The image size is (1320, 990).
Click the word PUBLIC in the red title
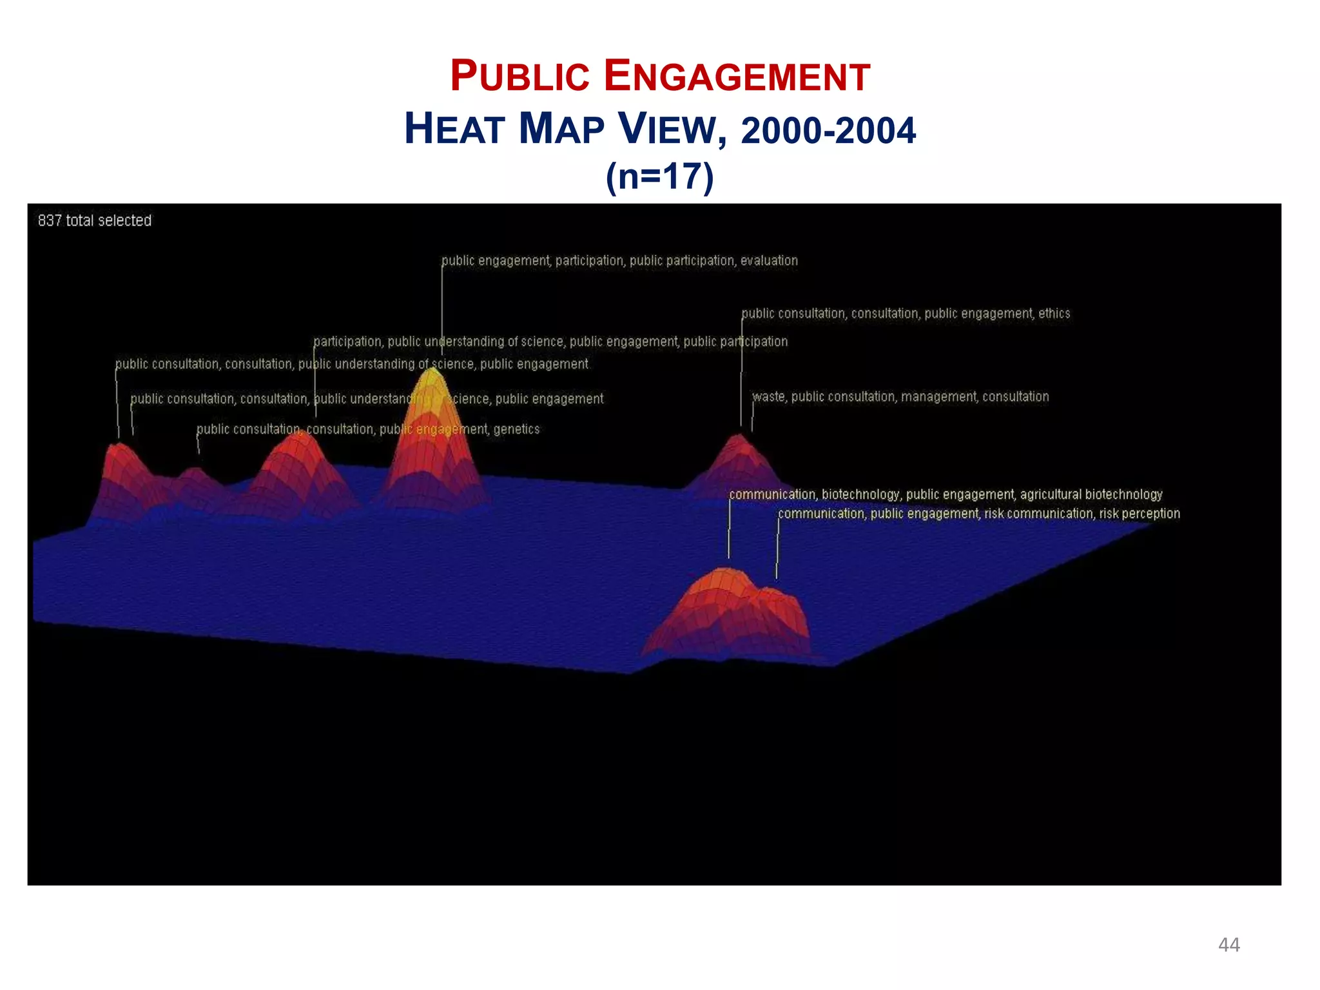click(519, 77)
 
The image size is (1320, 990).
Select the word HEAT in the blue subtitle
click(454, 130)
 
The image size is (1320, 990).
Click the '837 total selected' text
click(95, 220)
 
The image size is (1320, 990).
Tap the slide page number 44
click(1228, 945)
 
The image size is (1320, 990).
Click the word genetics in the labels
click(516, 429)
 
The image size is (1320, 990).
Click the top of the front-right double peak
click(725, 572)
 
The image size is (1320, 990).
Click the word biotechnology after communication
click(860, 494)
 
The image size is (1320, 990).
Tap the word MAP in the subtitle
click(561, 130)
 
